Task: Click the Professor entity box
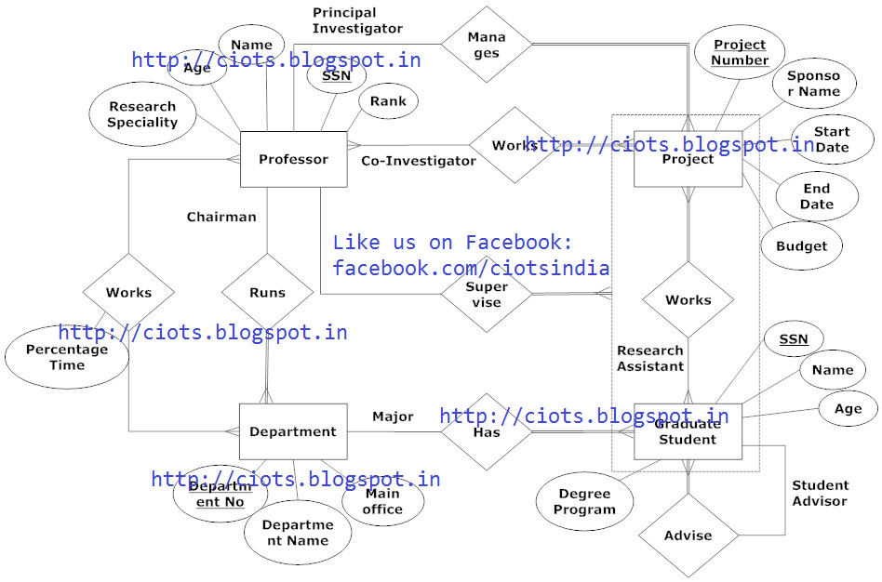point(293,160)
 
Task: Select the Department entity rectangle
point(293,431)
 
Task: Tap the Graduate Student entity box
point(688,431)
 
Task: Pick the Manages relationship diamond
point(486,45)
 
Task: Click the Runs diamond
point(267,292)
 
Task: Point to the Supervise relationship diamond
point(486,295)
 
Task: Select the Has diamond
point(486,431)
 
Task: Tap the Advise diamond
point(688,536)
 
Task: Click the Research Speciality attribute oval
point(142,115)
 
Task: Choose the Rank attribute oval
point(388,101)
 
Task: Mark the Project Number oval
point(740,52)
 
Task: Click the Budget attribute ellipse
point(801,246)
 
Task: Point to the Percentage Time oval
point(67,358)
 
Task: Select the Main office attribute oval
point(382,502)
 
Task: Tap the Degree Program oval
point(585,502)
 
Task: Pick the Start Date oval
point(832,139)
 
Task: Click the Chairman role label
point(221,218)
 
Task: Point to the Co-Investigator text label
point(418,161)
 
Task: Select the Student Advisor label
point(820,493)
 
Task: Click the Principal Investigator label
point(357,20)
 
